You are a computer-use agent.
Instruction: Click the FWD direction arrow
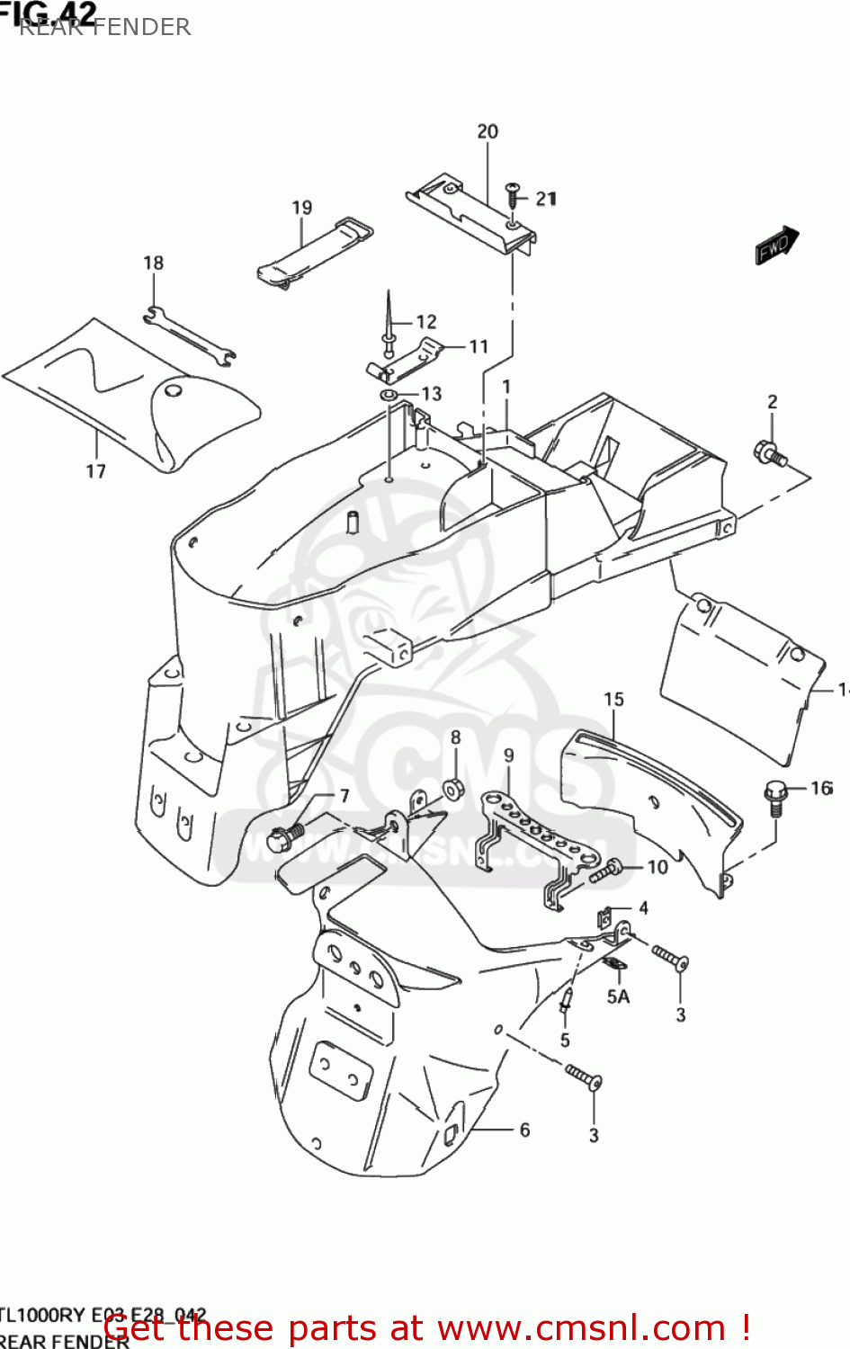(775, 245)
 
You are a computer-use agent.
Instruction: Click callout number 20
(488, 131)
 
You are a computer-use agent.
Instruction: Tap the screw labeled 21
(513, 193)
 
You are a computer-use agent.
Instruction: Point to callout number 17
(96, 471)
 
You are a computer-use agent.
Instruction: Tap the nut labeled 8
(452, 790)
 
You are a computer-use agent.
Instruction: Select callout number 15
(613, 700)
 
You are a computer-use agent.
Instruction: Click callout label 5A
(618, 996)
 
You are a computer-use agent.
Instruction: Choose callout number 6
(524, 1130)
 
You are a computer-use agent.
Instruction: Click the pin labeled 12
(389, 324)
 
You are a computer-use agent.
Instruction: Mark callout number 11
(479, 346)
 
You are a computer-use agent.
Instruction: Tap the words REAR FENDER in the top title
(105, 27)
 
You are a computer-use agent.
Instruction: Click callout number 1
(506, 387)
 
